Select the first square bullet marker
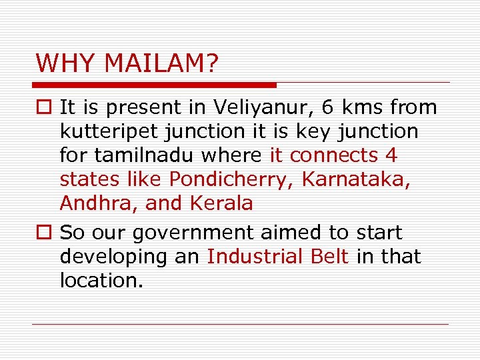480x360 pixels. (45, 107)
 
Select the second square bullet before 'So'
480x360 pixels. (45, 233)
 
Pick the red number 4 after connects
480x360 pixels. (391, 155)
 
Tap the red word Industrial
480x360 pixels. (257, 257)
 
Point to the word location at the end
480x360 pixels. (100, 281)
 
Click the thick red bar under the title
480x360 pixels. (154, 85)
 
